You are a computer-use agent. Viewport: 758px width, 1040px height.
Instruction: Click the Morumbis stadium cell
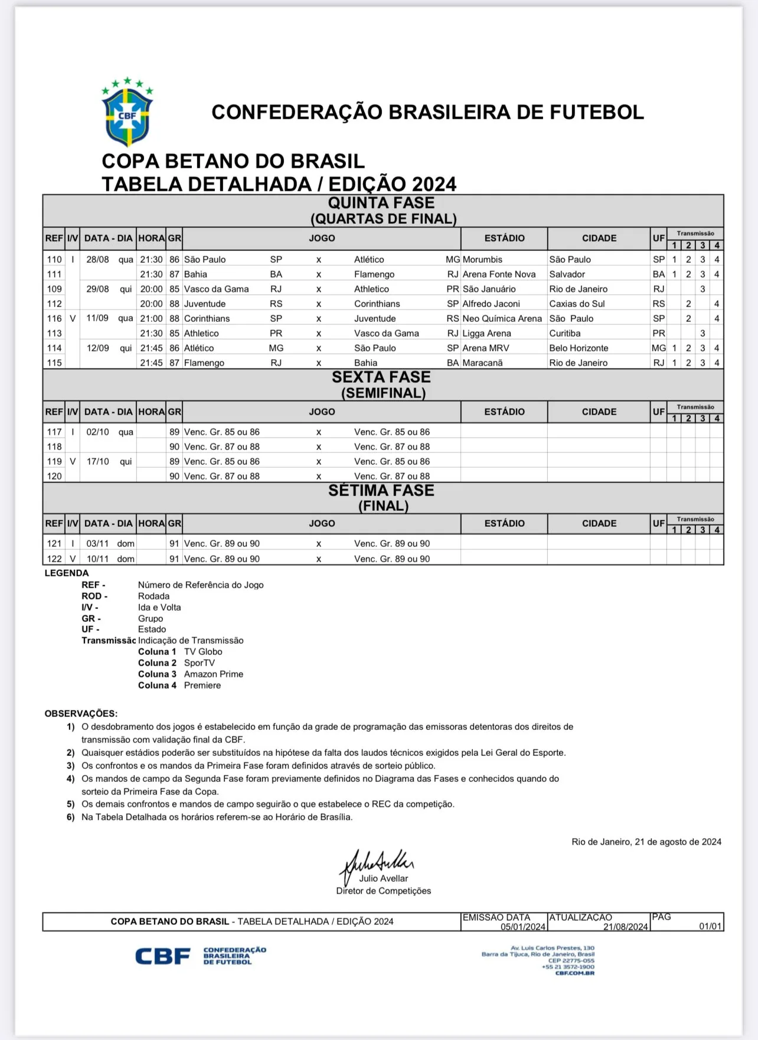482,259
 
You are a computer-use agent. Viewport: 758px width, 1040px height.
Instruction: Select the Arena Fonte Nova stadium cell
499,274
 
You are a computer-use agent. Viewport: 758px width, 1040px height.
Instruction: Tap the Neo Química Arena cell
502,318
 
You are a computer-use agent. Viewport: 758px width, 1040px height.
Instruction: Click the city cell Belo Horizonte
579,348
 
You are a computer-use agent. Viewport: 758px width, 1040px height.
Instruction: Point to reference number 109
54,289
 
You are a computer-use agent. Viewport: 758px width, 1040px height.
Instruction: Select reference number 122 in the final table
54,559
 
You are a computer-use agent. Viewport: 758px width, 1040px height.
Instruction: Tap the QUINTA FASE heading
381,203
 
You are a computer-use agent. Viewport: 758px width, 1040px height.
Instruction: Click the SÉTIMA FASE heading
381,491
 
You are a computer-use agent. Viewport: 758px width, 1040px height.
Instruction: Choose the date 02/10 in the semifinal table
97,432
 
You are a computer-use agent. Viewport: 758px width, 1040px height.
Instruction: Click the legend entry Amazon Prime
213,674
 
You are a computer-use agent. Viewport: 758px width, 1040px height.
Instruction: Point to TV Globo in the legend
203,651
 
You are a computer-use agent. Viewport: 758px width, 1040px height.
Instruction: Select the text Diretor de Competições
384,891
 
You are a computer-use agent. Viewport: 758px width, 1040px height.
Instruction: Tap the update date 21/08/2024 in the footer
625,927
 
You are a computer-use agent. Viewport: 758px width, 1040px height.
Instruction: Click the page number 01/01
710,926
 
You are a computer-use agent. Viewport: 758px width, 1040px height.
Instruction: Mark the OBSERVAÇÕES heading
81,713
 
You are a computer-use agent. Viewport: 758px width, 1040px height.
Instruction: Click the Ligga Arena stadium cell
486,333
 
